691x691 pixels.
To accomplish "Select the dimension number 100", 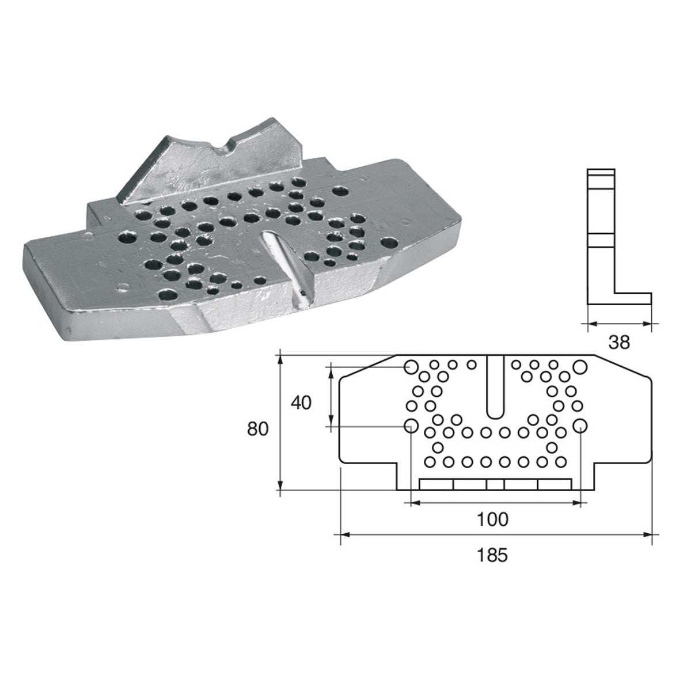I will (493, 519).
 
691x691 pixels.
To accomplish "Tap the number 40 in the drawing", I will (301, 403).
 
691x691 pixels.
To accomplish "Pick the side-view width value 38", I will (619, 343).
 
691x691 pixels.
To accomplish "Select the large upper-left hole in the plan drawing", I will (411, 367).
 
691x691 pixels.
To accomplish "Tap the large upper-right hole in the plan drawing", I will (579, 367).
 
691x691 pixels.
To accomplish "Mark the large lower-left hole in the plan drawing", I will (411, 426).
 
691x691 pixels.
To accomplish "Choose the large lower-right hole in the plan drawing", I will (580, 426).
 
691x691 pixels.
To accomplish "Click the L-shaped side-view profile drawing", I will (602, 236).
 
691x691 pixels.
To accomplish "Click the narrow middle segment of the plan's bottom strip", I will (495, 485).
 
